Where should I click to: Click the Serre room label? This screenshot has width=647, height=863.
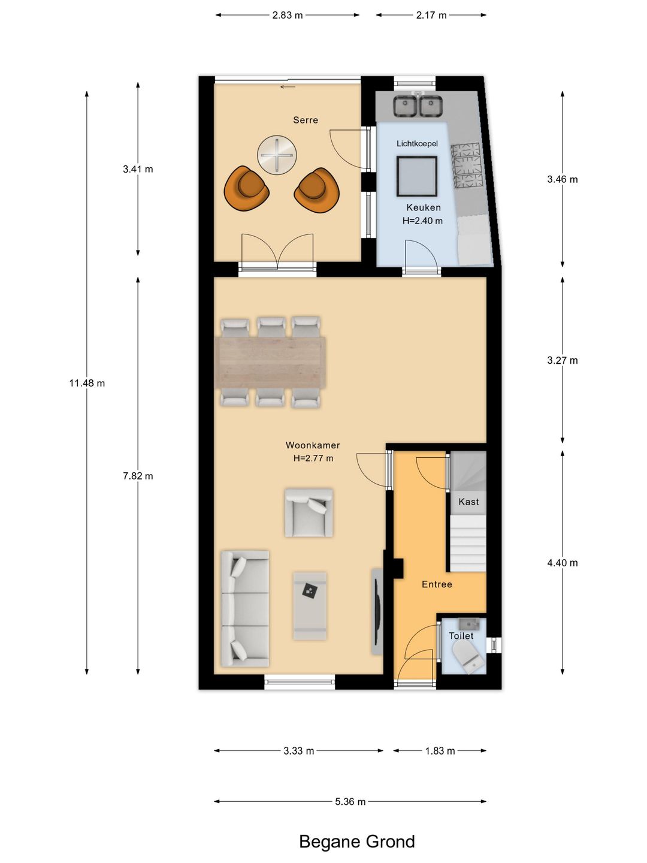(x=306, y=120)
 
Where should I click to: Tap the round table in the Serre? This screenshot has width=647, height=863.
(x=277, y=154)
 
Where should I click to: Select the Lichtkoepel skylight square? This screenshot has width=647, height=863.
(x=417, y=176)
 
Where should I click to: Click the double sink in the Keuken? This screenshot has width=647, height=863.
(x=418, y=105)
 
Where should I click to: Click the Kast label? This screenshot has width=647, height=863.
(x=468, y=502)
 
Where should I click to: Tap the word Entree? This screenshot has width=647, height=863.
(x=437, y=584)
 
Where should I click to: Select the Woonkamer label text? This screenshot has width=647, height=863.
(x=313, y=445)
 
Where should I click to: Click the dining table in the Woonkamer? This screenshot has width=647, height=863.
(x=272, y=362)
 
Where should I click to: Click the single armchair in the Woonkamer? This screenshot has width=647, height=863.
(x=309, y=512)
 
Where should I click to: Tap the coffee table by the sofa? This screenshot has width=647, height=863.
(x=310, y=606)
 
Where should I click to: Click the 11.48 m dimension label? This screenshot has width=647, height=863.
(x=87, y=383)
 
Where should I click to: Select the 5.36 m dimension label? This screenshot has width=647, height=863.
(x=350, y=802)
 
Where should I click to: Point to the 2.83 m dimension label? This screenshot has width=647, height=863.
(x=288, y=16)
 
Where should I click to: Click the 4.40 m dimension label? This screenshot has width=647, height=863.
(x=562, y=563)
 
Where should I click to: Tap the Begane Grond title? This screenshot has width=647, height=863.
(x=356, y=841)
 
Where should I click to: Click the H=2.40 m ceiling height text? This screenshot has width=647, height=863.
(x=422, y=221)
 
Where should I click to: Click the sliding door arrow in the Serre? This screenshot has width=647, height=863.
(x=288, y=87)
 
